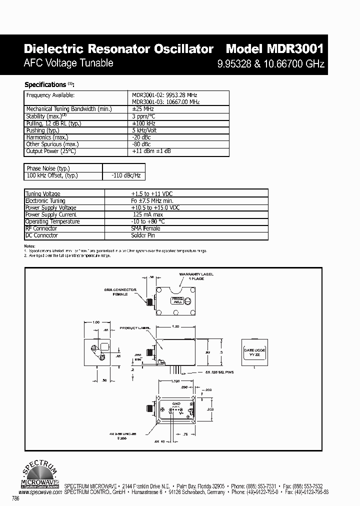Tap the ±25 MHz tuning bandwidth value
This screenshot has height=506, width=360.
[143, 108]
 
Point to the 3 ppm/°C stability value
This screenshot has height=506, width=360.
[145, 115]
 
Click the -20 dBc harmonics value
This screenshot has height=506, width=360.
[141, 136]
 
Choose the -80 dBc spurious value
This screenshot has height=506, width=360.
[141, 143]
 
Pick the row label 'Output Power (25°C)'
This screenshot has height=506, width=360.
[51, 150]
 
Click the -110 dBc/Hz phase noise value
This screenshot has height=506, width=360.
[122, 175]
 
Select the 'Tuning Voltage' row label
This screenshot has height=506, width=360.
[43, 193]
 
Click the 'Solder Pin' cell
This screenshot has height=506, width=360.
[143, 235]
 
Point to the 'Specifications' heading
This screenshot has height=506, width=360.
[45, 84]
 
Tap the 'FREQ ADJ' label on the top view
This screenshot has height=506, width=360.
[177, 300]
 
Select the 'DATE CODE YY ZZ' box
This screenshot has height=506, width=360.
[254, 352]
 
